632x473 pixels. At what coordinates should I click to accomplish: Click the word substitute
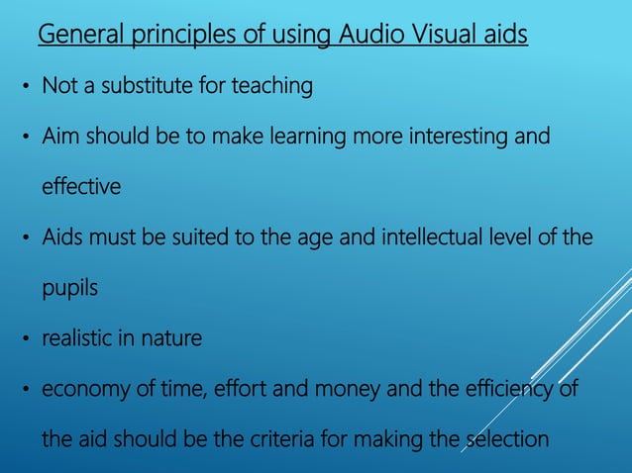(x=146, y=87)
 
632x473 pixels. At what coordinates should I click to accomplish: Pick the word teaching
(x=271, y=87)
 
